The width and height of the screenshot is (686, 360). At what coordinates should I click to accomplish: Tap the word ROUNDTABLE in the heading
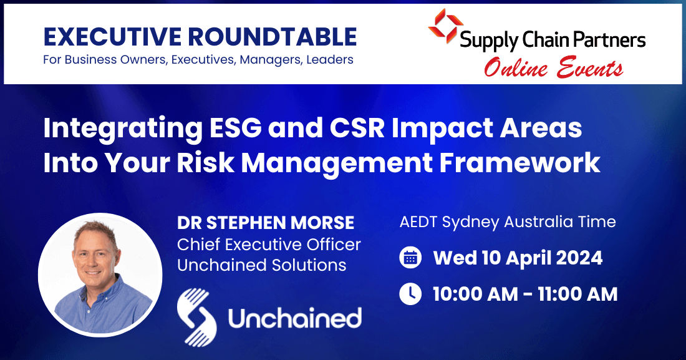point(275,37)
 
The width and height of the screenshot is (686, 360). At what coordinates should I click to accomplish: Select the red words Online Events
point(553,68)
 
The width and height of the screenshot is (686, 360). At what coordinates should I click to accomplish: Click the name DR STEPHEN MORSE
point(266,222)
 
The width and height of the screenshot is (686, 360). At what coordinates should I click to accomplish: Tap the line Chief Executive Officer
point(269,243)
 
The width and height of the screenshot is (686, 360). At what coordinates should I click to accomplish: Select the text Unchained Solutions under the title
point(261,265)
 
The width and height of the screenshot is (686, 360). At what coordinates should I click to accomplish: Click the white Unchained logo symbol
point(196,317)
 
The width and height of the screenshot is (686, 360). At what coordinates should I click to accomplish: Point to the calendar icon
point(410,258)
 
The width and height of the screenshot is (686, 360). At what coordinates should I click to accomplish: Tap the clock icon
point(410,294)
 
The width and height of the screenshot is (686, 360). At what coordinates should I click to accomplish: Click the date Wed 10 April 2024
point(518,258)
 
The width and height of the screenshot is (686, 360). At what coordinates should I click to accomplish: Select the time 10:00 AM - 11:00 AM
point(525,294)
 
